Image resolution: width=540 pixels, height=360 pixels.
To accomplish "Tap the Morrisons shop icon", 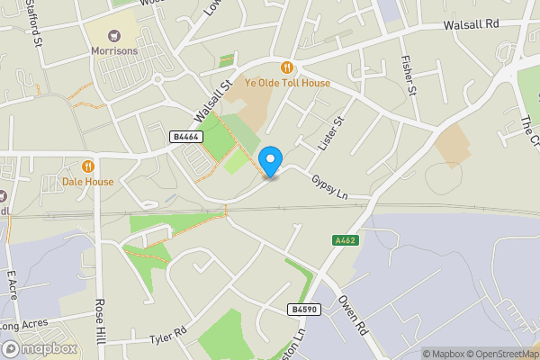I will [x=114, y=36].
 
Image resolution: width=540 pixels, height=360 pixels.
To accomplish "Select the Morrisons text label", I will [x=114, y=51].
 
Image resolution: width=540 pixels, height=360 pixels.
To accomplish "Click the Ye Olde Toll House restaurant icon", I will [x=287, y=67].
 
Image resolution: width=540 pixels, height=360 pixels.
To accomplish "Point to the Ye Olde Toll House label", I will [x=281, y=83].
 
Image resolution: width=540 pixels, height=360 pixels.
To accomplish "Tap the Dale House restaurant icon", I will [x=88, y=166].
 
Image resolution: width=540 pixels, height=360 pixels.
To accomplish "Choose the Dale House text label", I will [x=88, y=181].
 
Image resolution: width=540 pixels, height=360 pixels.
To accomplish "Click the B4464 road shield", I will [x=185, y=137].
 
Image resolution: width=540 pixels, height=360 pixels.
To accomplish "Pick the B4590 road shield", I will [x=303, y=309].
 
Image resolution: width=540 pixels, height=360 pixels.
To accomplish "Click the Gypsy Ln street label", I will [x=328, y=185].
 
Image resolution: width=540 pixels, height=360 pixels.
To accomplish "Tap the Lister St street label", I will [x=331, y=133].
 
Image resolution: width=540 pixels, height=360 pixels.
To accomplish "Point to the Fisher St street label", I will [x=409, y=76].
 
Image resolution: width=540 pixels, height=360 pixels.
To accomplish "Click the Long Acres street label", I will [x=22, y=325].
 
